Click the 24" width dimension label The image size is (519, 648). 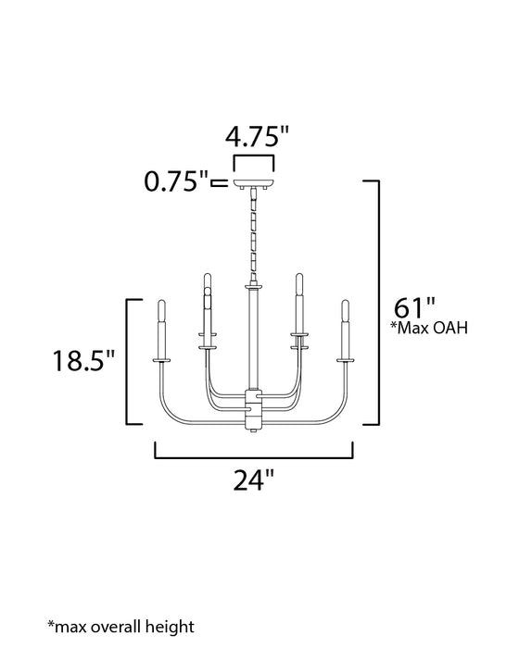pos(254,480)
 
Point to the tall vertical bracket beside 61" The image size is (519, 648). pos(375,302)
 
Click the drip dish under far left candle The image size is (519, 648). pos(162,361)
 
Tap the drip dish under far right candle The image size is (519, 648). pos(346,361)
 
